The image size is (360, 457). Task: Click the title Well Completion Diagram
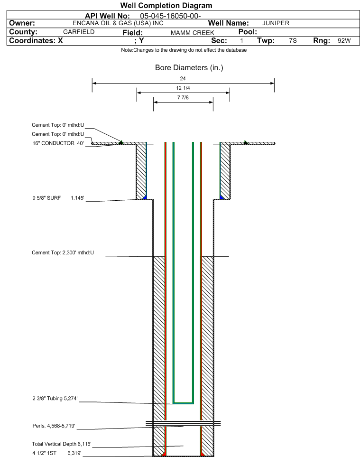tap(166, 6)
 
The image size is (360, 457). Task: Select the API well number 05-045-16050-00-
tap(170, 16)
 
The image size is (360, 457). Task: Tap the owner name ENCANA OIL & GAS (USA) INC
tap(118, 23)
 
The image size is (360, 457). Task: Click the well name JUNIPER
tap(276, 23)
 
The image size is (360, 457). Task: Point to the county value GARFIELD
tap(79, 32)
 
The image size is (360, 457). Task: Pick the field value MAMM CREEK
tap(193, 33)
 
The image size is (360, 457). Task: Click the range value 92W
tap(344, 40)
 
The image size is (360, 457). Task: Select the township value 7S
tap(293, 40)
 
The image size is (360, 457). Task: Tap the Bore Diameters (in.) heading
tap(189, 67)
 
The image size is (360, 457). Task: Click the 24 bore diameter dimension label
tap(183, 78)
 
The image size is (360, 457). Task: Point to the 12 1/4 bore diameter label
tap(183, 88)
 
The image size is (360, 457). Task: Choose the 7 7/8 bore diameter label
tap(183, 97)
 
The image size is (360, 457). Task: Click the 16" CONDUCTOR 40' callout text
tap(58, 143)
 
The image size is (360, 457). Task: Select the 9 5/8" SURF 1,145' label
tap(58, 198)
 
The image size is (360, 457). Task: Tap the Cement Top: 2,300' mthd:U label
tap(63, 252)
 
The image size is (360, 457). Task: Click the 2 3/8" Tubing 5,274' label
tap(55, 398)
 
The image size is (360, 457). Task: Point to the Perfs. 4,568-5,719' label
tap(54, 426)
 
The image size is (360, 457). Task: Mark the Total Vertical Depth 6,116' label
tap(62, 444)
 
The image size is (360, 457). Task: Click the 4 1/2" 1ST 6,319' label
tap(57, 453)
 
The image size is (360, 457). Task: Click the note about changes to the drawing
tap(184, 50)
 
